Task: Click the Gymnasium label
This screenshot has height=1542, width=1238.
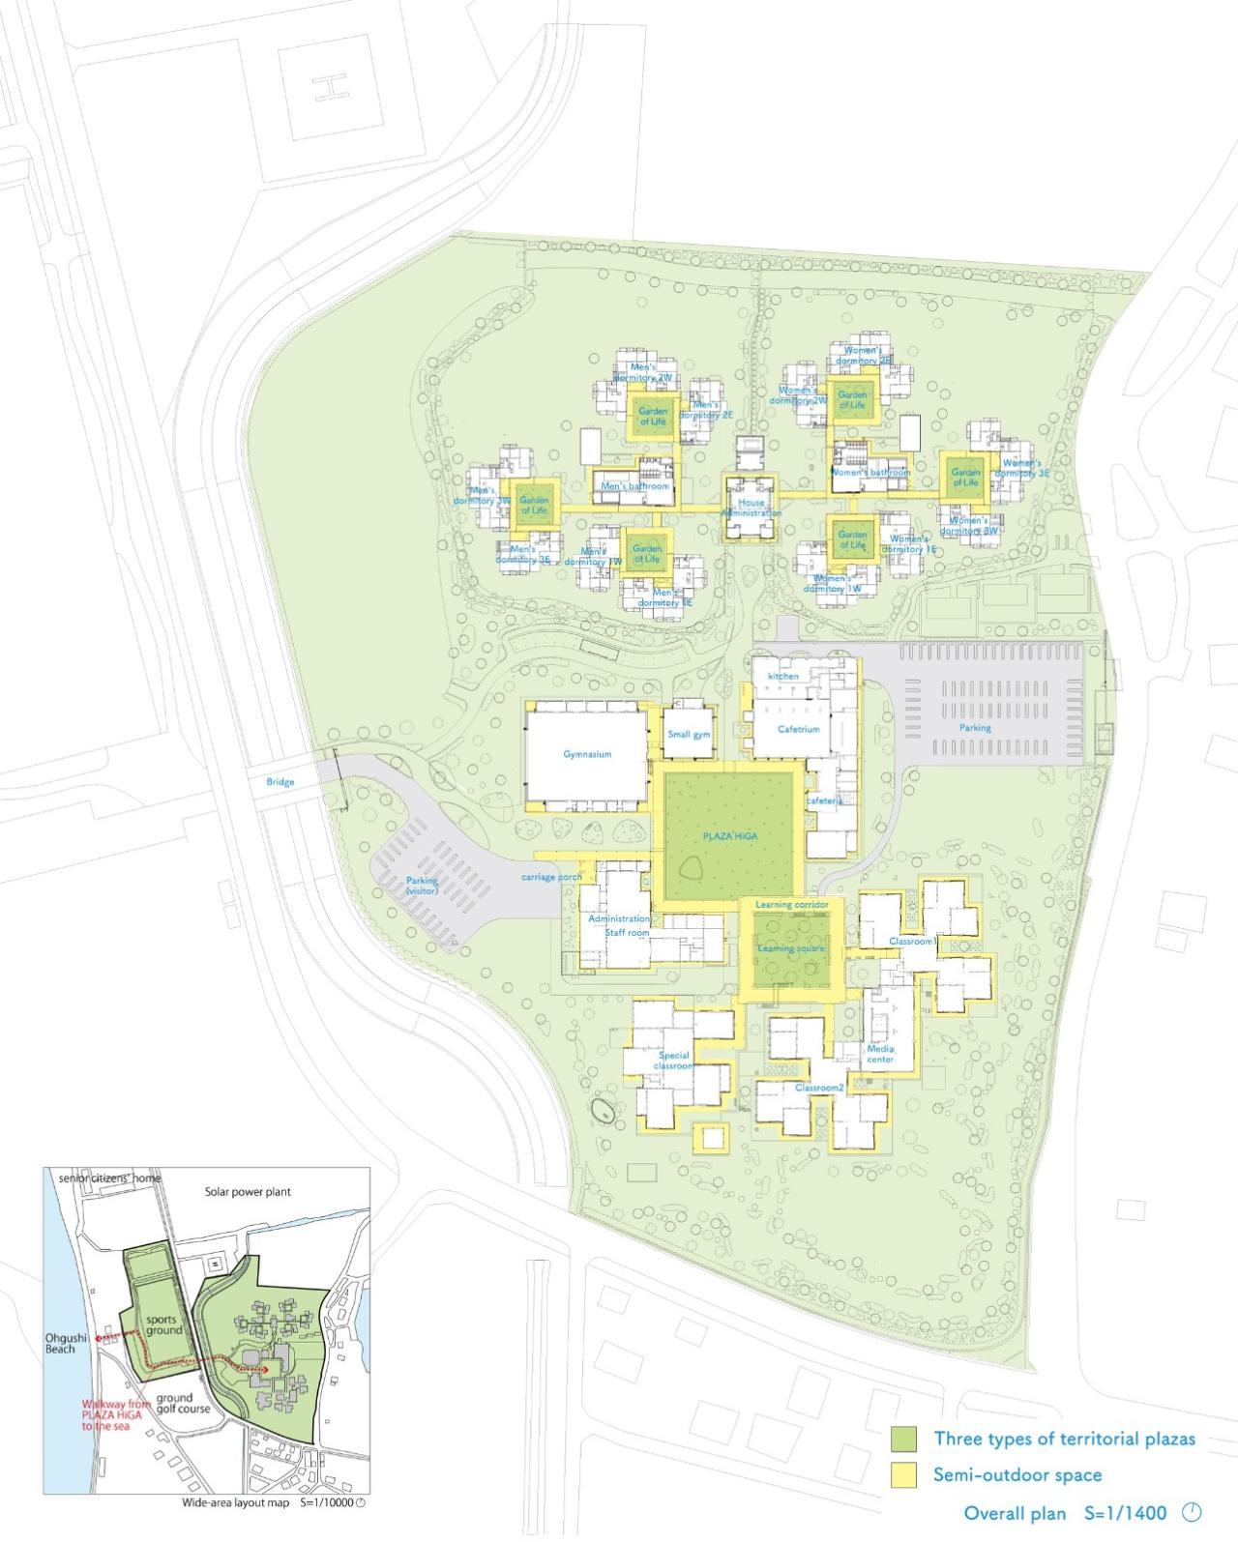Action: pos(587,754)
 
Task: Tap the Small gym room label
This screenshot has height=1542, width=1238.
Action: pos(689,735)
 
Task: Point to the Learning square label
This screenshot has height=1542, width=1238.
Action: pos(791,948)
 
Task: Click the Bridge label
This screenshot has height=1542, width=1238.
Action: pos(280,781)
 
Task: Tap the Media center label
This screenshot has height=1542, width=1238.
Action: pos(880,1054)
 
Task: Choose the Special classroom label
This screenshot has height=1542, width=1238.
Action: pos(674,1061)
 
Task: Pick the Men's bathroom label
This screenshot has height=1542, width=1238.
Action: pos(634,486)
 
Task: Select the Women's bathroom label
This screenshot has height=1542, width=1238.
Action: pos(870,473)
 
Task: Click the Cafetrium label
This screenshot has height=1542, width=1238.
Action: pos(799,729)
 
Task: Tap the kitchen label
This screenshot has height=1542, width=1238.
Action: pos(782,676)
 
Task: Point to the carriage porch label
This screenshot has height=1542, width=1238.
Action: pos(551,877)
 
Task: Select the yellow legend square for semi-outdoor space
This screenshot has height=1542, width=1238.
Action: pos(903,1475)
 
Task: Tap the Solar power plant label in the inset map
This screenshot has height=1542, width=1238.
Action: pos(248,1192)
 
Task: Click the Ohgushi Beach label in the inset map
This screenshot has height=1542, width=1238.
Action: pos(60,1343)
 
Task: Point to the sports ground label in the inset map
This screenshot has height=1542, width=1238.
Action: pos(164,1324)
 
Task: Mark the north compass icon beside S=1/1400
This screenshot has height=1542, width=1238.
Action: pos(1192,1512)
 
